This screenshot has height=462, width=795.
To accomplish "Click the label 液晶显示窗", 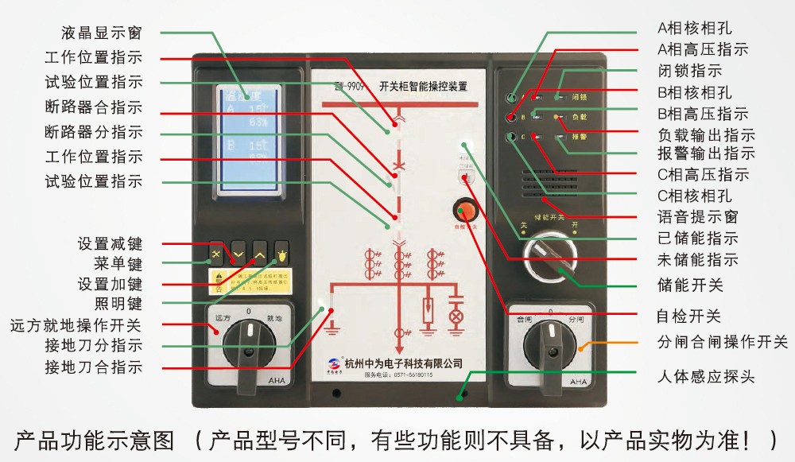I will (x=101, y=33).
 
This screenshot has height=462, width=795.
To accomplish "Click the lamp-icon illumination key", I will (x=281, y=254).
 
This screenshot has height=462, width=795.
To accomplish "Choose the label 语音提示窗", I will (x=696, y=215).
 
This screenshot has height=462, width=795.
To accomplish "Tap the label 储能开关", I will (x=690, y=285).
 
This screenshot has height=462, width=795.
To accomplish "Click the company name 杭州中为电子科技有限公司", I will (x=404, y=363).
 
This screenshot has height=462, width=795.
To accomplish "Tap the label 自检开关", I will (x=688, y=316).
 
